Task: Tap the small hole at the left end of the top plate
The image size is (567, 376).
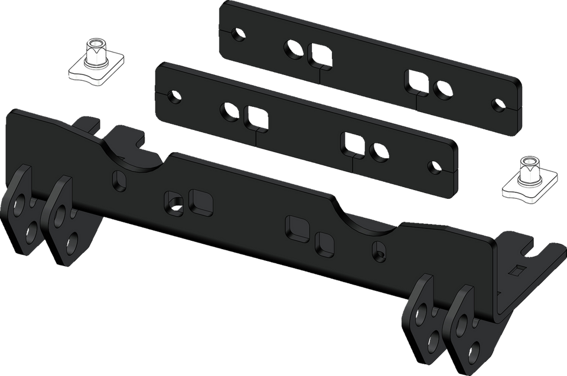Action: click(x=237, y=34)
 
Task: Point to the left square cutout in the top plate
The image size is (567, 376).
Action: click(x=320, y=55)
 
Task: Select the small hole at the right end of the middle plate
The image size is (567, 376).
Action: click(x=435, y=168)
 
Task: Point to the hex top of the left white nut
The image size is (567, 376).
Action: click(x=94, y=46)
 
